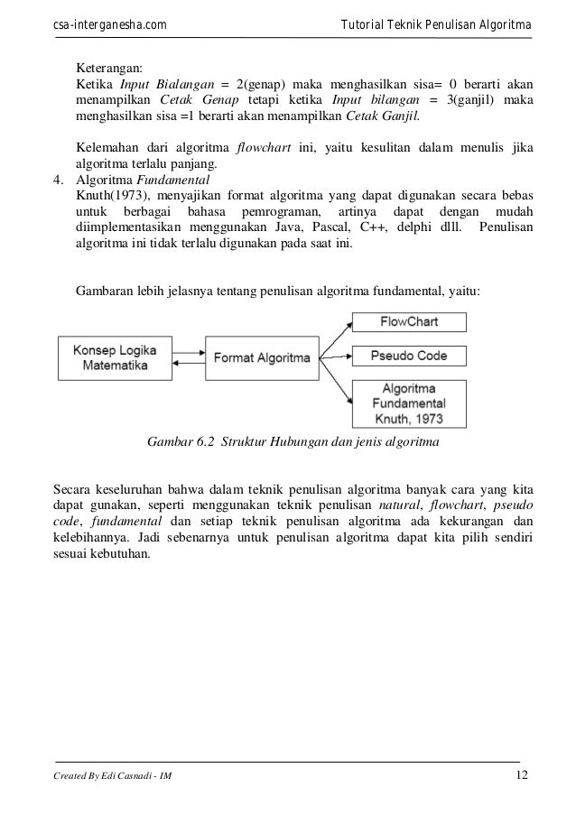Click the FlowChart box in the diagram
(x=409, y=321)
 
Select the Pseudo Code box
(x=409, y=356)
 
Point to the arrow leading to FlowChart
(x=333, y=334)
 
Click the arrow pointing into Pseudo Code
(x=334, y=357)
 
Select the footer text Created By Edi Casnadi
(x=107, y=779)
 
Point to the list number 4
(x=58, y=180)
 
